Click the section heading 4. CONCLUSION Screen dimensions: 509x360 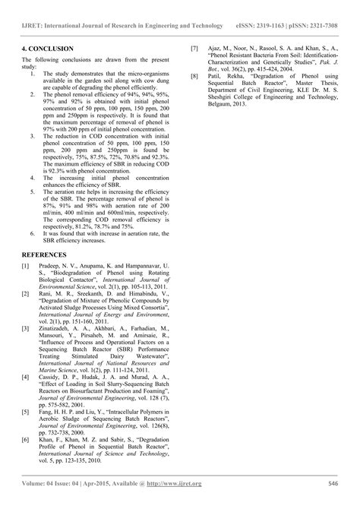tap(48, 49)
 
